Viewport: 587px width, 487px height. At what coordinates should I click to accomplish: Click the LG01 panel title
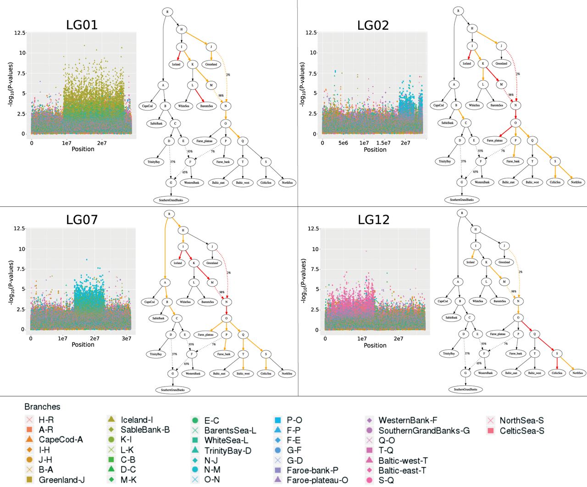tap(82, 25)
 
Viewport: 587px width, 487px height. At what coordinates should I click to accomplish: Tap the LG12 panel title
tap(373, 220)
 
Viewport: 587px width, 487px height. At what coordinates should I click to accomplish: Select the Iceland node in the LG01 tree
tap(177, 64)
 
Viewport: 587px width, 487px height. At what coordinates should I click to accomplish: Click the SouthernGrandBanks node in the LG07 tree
tap(172, 390)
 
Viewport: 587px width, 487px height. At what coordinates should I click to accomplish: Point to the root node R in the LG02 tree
tap(458, 11)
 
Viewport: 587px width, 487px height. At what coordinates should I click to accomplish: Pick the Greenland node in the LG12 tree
tap(504, 262)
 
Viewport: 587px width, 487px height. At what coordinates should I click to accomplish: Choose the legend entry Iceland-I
tap(137, 420)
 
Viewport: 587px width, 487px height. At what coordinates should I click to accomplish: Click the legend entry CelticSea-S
tap(522, 431)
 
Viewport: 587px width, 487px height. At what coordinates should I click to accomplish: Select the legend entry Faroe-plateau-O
tap(317, 480)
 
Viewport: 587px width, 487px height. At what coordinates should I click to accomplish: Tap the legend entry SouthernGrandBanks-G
tap(424, 431)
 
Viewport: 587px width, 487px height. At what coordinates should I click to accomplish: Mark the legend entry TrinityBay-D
tap(227, 450)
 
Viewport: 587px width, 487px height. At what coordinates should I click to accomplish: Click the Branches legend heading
tap(42, 407)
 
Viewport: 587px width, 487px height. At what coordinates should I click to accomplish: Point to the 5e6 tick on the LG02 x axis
tap(343, 143)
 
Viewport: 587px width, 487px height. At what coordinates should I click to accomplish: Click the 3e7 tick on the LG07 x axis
tap(126, 338)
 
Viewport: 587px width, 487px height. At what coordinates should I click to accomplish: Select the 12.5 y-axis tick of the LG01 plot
tap(20, 33)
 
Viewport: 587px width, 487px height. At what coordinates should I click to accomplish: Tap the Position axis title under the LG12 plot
tap(375, 345)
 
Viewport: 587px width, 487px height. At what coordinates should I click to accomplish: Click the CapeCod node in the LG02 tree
tap(439, 105)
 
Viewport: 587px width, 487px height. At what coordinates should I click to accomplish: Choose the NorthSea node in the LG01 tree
tap(287, 183)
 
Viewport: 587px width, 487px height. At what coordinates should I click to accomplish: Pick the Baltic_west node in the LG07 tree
tap(243, 373)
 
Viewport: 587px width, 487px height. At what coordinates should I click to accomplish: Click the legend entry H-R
tap(46, 420)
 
